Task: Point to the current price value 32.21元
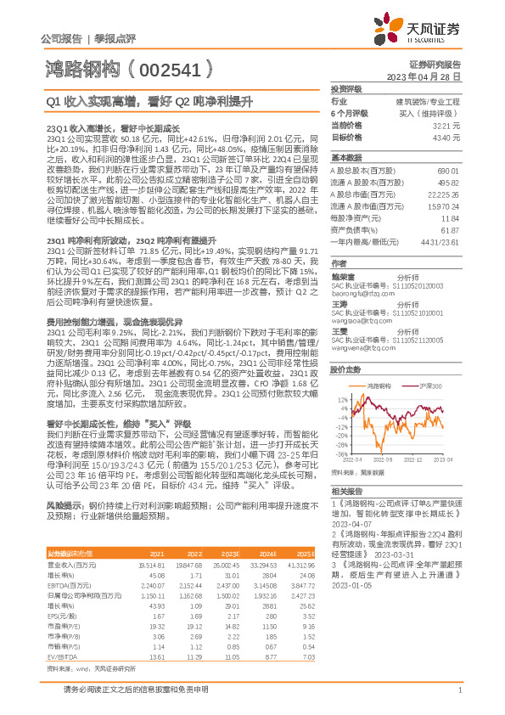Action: tap(446, 124)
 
